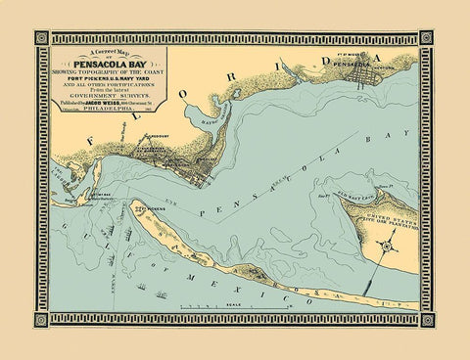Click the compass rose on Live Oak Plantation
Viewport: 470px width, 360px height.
pyautogui.click(x=387, y=247)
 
